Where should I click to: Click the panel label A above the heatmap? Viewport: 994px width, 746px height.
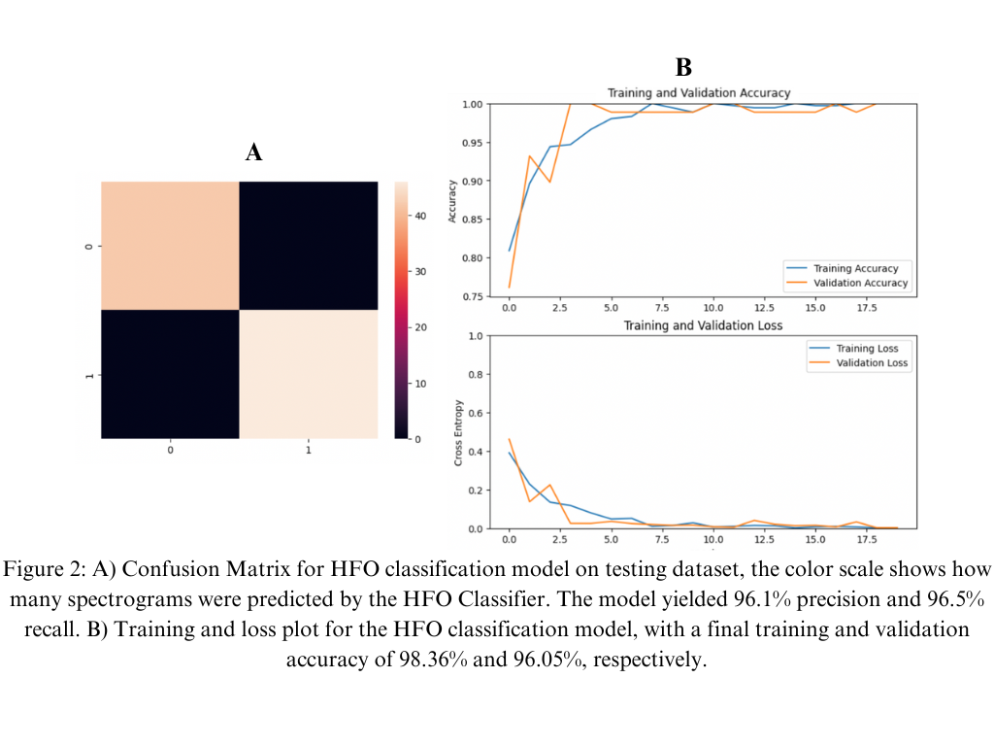[x=253, y=153]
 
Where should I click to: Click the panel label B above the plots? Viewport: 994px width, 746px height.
[x=683, y=67]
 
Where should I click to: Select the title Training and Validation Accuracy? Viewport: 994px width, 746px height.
[x=699, y=93]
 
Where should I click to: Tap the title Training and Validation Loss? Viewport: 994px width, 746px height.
[x=699, y=325]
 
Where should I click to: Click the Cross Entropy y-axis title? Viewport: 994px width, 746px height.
[x=458, y=432]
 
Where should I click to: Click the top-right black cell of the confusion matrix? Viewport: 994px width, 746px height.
[x=309, y=246]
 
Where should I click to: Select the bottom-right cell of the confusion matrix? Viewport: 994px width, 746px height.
[x=309, y=374]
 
